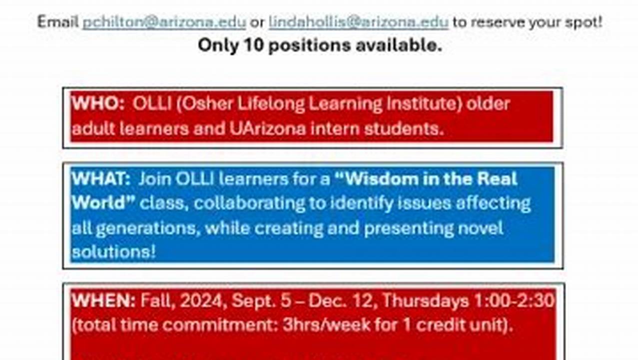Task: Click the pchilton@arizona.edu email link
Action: [164, 22]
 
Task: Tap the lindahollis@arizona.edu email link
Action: [358, 22]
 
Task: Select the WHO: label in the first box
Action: [97, 104]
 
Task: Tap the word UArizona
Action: [268, 129]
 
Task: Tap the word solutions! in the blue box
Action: [113, 251]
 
